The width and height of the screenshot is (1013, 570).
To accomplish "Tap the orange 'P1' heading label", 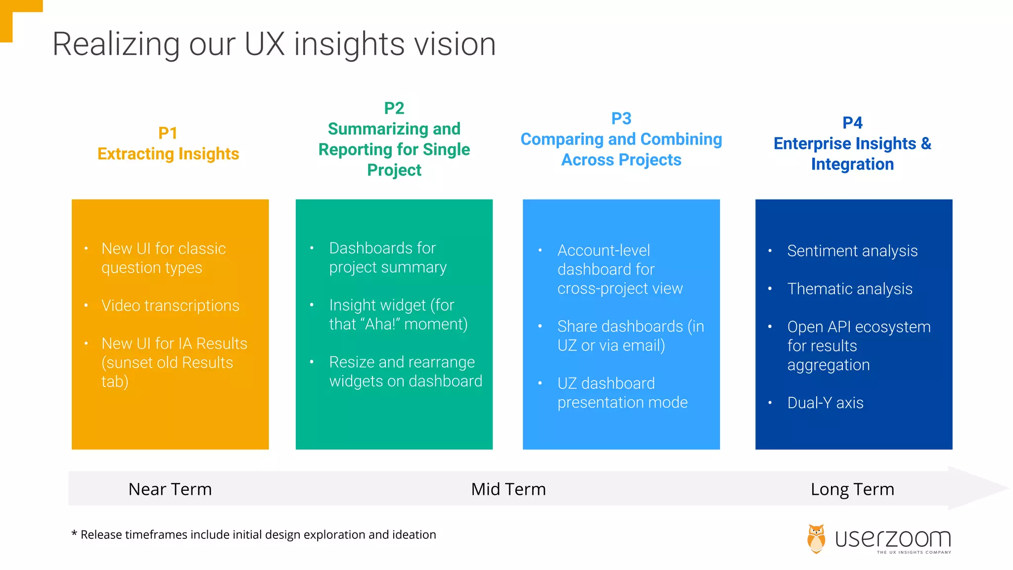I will [x=168, y=133].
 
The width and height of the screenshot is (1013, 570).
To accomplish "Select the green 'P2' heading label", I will [x=394, y=108].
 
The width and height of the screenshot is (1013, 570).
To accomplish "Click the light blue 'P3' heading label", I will [x=621, y=118].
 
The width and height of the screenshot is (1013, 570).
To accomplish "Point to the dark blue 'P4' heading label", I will [x=852, y=123].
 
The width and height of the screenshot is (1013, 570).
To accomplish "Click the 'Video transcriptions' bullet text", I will [x=170, y=305].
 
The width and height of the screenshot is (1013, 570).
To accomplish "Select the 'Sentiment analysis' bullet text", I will [x=852, y=251].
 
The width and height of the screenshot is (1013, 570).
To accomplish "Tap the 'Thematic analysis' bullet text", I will [x=850, y=289].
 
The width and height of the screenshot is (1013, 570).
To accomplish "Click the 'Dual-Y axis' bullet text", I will [x=825, y=403].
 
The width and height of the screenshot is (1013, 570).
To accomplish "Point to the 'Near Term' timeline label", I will [x=170, y=489].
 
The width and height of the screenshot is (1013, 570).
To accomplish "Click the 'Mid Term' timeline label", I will [x=508, y=489].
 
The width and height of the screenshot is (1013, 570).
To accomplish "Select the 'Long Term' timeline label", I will [x=852, y=489].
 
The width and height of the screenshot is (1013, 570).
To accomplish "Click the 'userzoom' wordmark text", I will [x=893, y=538].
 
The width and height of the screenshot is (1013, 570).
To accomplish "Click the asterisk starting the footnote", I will [x=74, y=534].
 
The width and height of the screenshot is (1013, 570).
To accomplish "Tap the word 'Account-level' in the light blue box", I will [x=603, y=250].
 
